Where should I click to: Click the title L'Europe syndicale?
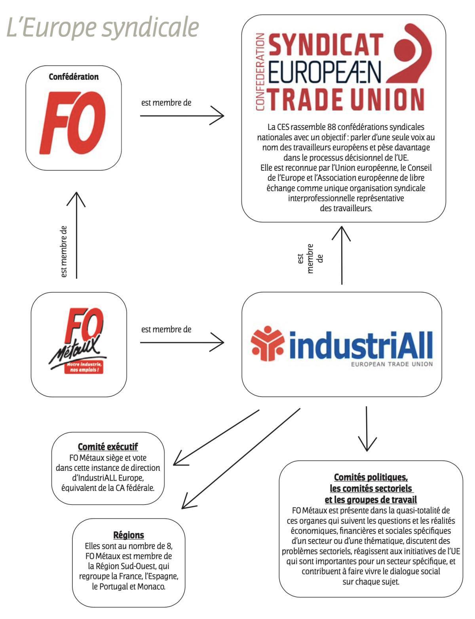tap(103, 28)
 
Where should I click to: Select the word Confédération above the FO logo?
tap(74, 76)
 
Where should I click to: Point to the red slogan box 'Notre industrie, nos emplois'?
tap(84, 367)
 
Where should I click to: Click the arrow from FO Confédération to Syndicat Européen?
tap(182, 116)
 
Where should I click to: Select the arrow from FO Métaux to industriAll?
tap(182, 342)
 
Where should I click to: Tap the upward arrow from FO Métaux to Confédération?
tap(76, 235)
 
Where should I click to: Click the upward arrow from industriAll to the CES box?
tap(341, 255)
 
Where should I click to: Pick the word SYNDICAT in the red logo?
tap(326, 45)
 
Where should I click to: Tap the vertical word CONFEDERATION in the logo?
tap(260, 72)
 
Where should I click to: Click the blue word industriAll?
tap(361, 345)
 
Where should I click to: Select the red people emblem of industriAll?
tap(267, 343)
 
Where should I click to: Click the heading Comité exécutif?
tap(108, 447)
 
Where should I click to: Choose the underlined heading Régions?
tap(129, 535)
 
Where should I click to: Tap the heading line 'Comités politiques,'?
tap(371, 477)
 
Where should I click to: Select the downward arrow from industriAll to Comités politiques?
tap(367, 429)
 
